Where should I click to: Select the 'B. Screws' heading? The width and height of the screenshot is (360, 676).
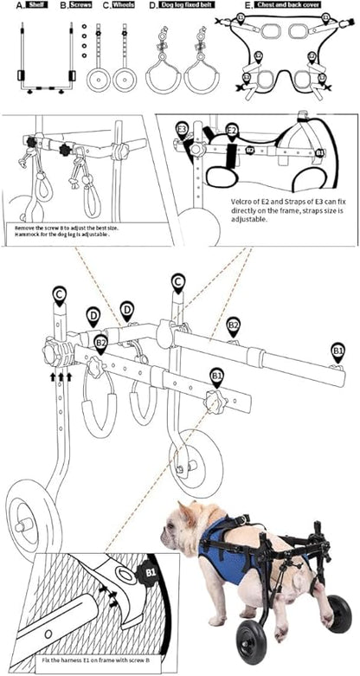point(75,5)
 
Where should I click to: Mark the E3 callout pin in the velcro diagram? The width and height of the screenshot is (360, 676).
point(182,129)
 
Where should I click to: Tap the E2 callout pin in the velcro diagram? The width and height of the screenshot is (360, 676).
point(232,131)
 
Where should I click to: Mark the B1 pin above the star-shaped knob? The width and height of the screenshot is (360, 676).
point(216,376)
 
